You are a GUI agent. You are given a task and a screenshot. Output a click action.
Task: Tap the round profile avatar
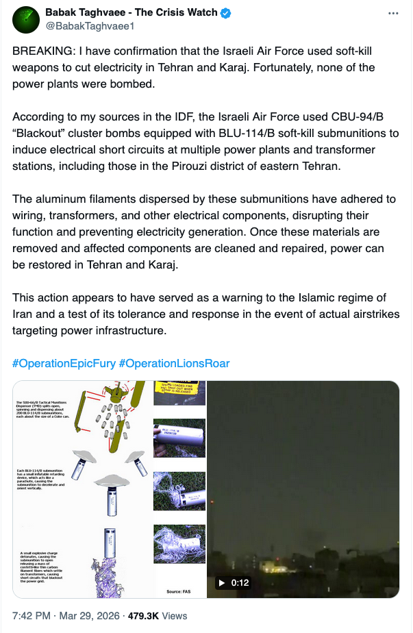27,19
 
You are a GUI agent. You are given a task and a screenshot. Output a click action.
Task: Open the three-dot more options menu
393,14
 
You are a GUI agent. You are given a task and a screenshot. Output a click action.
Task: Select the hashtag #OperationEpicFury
64,363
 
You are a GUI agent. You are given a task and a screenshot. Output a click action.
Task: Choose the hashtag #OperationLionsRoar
174,363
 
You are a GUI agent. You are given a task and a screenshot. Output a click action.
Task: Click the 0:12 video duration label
240,583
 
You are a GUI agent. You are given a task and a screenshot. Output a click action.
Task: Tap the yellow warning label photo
179,397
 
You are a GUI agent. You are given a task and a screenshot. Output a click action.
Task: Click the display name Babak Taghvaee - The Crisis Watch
131,12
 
